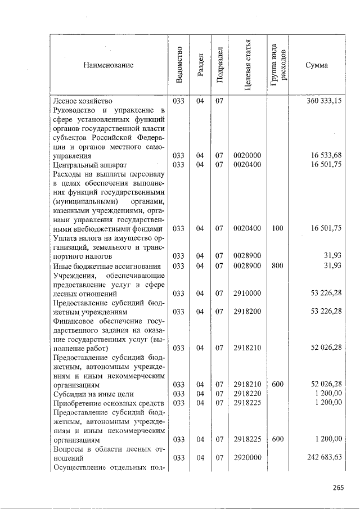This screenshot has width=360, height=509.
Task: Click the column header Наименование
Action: coord(109,66)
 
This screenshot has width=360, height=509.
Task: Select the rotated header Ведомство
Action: coord(178,65)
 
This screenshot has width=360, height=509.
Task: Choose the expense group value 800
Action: coord(277,265)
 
